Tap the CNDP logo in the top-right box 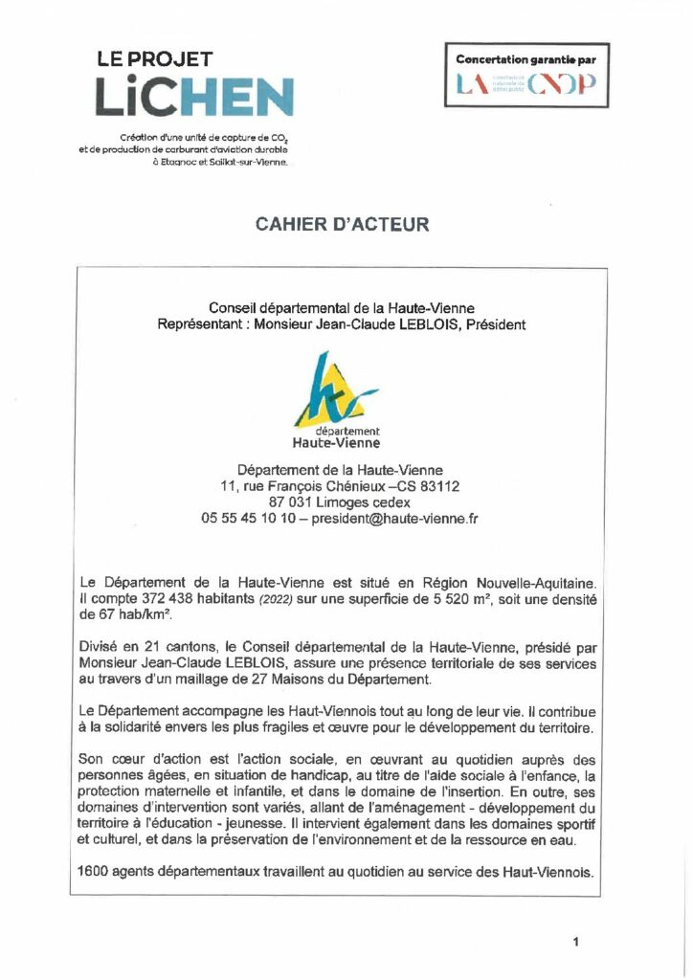point(526,86)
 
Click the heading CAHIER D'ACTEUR point(342,225)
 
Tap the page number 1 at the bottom point(575,942)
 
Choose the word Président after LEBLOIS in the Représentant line point(495,324)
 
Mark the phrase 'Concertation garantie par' point(526,59)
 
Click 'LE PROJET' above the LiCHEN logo point(155,59)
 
